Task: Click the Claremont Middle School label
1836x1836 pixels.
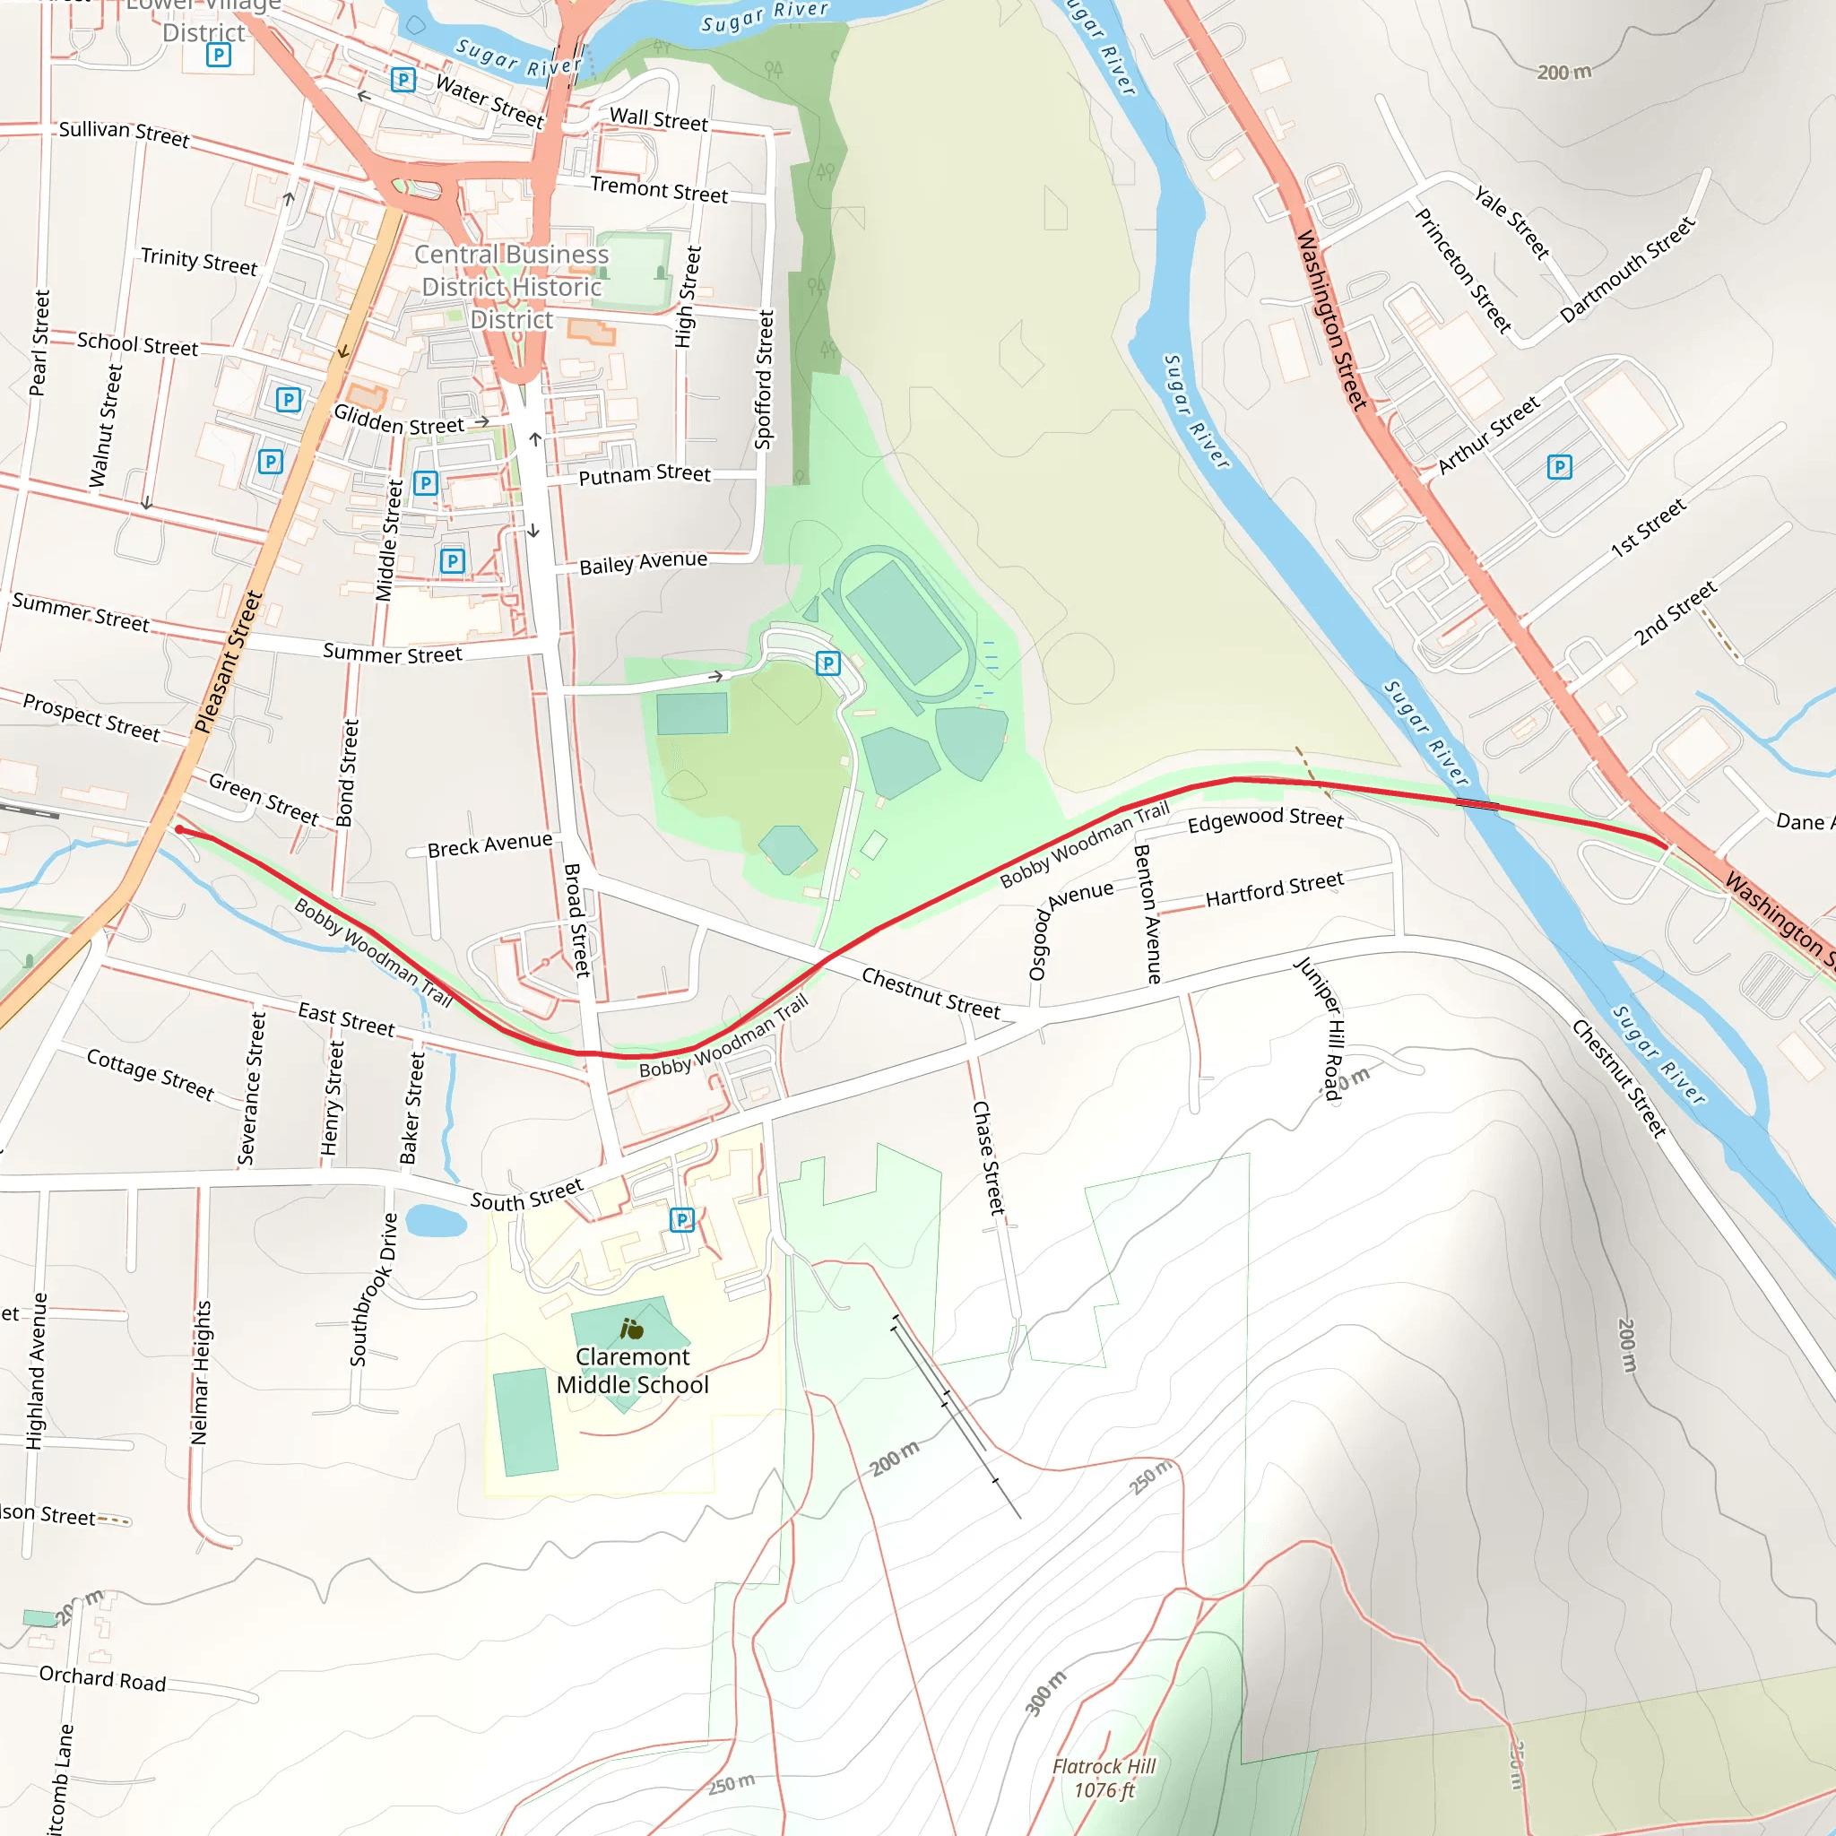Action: click(x=632, y=1371)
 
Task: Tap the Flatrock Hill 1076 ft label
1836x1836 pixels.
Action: click(x=1104, y=1778)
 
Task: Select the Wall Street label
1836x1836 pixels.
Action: click(x=659, y=120)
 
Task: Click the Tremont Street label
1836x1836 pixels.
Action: click(x=659, y=189)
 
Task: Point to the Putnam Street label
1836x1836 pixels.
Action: click(x=645, y=473)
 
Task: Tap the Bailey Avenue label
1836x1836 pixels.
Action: click(x=644, y=563)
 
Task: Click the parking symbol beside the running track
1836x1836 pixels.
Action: click(x=827, y=663)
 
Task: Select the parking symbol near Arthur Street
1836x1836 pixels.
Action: click(x=1560, y=466)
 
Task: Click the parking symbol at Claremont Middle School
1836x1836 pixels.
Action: click(x=681, y=1219)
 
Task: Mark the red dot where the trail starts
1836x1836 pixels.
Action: click(x=179, y=829)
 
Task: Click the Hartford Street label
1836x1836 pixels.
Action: click(x=1275, y=889)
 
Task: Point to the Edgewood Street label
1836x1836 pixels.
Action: click(x=1265, y=818)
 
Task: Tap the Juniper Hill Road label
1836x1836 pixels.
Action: click(x=1321, y=1028)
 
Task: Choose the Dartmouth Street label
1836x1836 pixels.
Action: click(x=1627, y=270)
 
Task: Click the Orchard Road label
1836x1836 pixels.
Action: click(x=102, y=1679)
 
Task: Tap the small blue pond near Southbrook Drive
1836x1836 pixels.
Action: click(x=435, y=1220)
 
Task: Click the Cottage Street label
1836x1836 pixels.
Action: click(x=150, y=1074)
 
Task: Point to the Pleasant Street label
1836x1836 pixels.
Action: click(x=228, y=663)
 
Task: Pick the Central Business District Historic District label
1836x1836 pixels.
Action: click(x=511, y=287)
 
